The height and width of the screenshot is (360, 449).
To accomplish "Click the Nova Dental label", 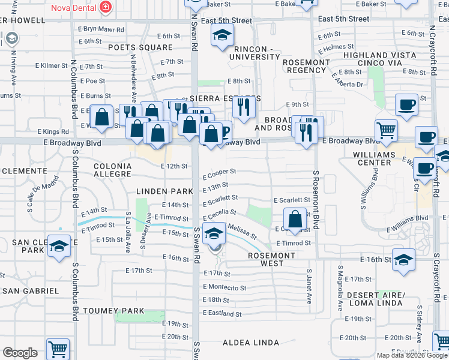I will point(74,7).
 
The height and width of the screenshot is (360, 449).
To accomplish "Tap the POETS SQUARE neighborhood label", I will point(140,47).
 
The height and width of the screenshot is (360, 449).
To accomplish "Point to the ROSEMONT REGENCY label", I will point(306,67).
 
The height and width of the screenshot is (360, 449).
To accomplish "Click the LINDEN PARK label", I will point(165,191).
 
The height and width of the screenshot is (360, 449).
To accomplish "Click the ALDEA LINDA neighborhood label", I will point(251,343).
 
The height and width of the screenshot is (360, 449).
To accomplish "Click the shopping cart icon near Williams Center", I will point(386,130).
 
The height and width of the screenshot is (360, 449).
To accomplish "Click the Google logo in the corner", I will point(20,353).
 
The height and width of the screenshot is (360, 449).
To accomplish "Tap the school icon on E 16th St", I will point(404,260).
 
